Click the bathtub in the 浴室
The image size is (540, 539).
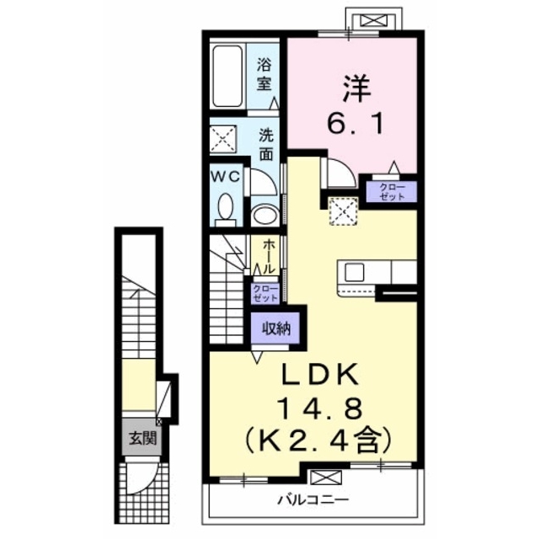227,76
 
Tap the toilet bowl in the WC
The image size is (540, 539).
226,207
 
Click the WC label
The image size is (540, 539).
226,177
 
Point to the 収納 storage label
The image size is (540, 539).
276,328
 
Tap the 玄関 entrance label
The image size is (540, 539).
142,438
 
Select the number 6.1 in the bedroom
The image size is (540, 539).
355,125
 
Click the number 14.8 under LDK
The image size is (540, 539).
322,408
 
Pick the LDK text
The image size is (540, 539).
320,376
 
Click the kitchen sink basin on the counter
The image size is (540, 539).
355,272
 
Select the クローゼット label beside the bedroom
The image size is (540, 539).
392,191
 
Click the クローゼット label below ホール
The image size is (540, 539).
265,293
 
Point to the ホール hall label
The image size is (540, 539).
269,257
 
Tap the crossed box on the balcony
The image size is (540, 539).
326,478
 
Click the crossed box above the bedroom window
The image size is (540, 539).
374,20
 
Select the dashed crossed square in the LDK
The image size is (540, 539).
343,211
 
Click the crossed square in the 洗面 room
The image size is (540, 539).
223,139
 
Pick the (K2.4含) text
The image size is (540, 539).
318,441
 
